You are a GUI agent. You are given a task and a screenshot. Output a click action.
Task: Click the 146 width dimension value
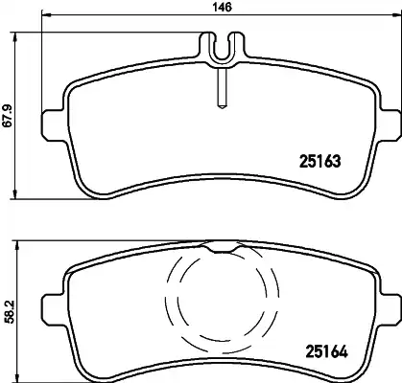[223, 7]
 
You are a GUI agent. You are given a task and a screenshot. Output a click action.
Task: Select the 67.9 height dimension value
[7, 115]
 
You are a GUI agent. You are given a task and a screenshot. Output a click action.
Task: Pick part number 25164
[326, 351]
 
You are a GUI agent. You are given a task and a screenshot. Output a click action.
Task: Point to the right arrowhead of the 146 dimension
[396, 14]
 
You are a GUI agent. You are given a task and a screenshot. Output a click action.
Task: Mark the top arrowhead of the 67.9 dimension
[14, 37]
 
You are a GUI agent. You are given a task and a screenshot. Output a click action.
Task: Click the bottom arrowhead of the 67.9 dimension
[14, 194]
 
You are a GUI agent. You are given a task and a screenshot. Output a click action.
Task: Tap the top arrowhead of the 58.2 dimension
[17, 246]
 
